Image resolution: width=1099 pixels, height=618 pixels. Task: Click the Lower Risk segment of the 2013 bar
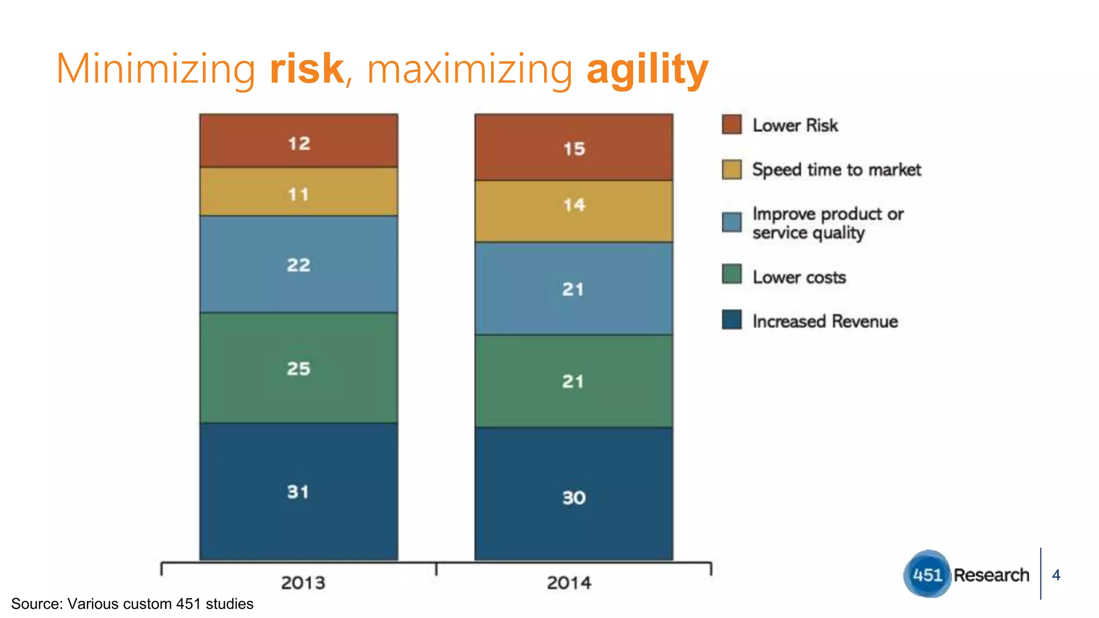(x=298, y=141)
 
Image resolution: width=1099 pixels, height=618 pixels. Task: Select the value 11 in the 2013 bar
(x=298, y=194)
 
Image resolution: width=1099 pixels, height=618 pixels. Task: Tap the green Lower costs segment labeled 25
(x=298, y=369)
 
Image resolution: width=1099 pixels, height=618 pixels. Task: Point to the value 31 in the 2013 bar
(x=298, y=491)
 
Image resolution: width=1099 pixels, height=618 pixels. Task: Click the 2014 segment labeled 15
(x=574, y=148)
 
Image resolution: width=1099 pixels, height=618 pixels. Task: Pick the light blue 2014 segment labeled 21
(x=573, y=289)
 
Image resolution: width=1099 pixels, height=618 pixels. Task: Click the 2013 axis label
(x=303, y=583)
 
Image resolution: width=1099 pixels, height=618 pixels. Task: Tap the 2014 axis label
(x=569, y=583)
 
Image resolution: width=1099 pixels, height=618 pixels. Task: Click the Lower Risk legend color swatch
(x=731, y=124)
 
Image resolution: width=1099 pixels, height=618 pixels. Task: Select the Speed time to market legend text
(x=836, y=170)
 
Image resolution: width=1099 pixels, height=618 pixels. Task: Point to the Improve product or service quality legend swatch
(x=731, y=222)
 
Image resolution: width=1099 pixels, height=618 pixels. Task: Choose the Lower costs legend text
(x=799, y=277)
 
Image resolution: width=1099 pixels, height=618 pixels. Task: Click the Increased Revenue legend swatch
(x=731, y=320)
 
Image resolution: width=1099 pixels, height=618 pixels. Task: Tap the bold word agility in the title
(x=648, y=70)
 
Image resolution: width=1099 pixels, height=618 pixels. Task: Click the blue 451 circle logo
(x=927, y=575)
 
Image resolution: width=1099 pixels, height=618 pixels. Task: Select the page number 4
(x=1056, y=575)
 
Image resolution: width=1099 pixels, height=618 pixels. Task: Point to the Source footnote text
(x=132, y=604)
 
